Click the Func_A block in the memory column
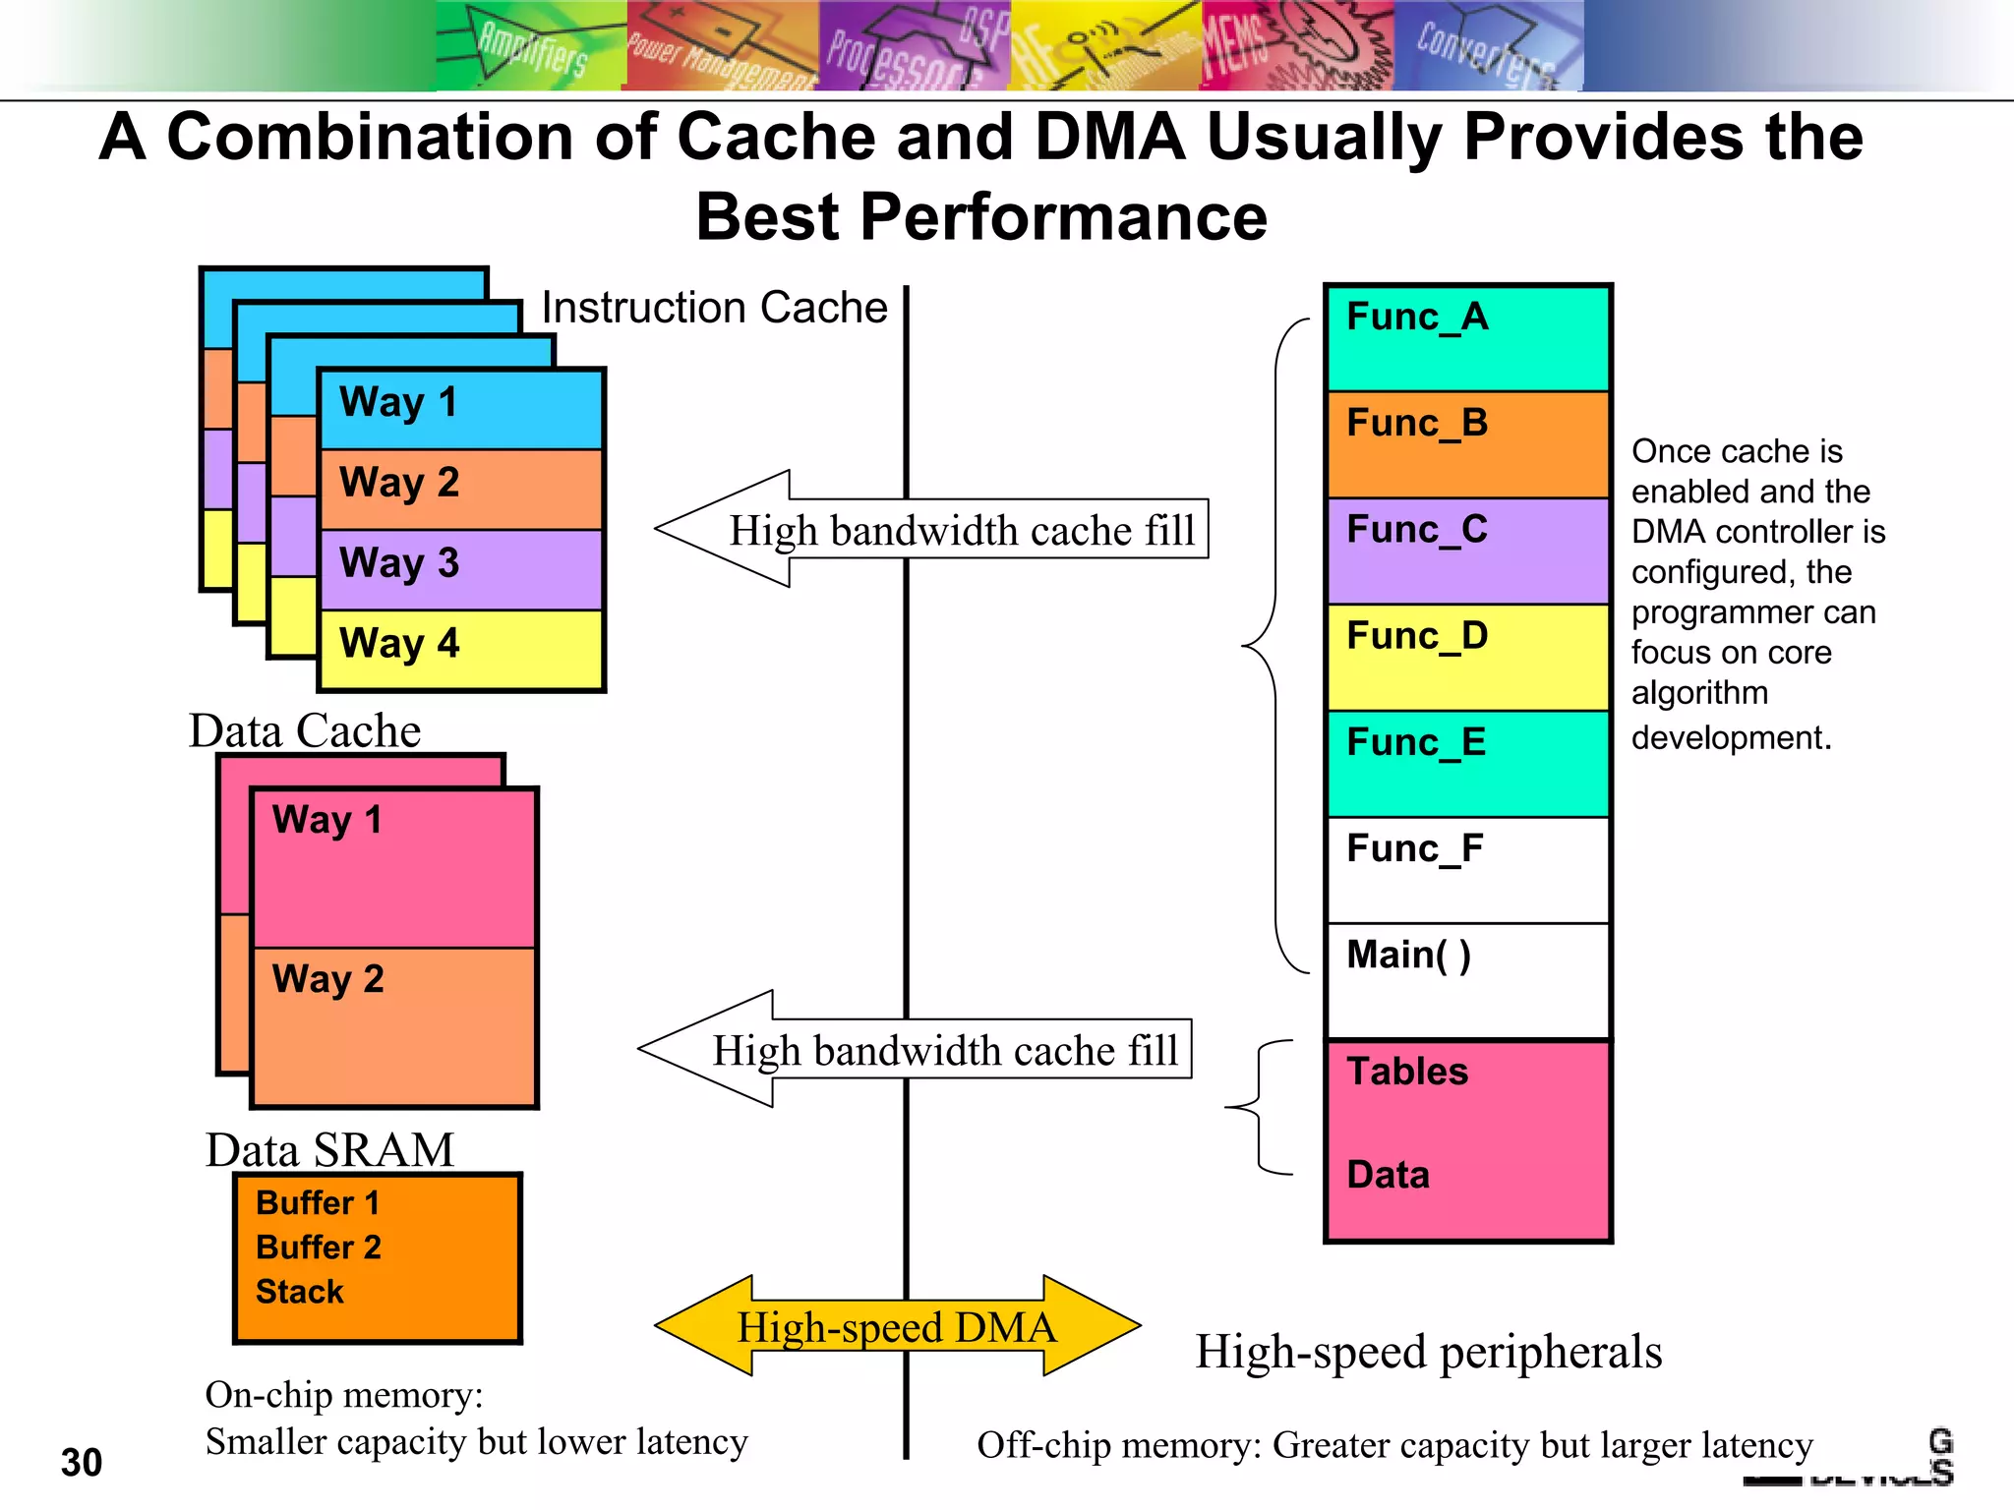click(1467, 337)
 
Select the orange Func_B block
click(1467, 444)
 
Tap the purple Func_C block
click(1467, 551)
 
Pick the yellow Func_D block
click(1467, 657)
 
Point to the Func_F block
click(1467, 869)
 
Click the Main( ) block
click(1467, 978)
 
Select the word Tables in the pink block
click(1406, 1072)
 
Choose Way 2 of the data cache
click(393, 1026)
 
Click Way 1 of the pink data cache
click(393, 865)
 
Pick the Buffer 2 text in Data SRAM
click(318, 1247)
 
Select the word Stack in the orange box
click(299, 1291)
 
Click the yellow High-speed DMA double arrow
click(897, 1326)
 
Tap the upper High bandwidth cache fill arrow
click(929, 530)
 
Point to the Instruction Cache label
click(714, 308)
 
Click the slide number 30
click(81, 1462)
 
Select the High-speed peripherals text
click(1428, 1352)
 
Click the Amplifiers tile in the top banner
click(531, 46)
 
